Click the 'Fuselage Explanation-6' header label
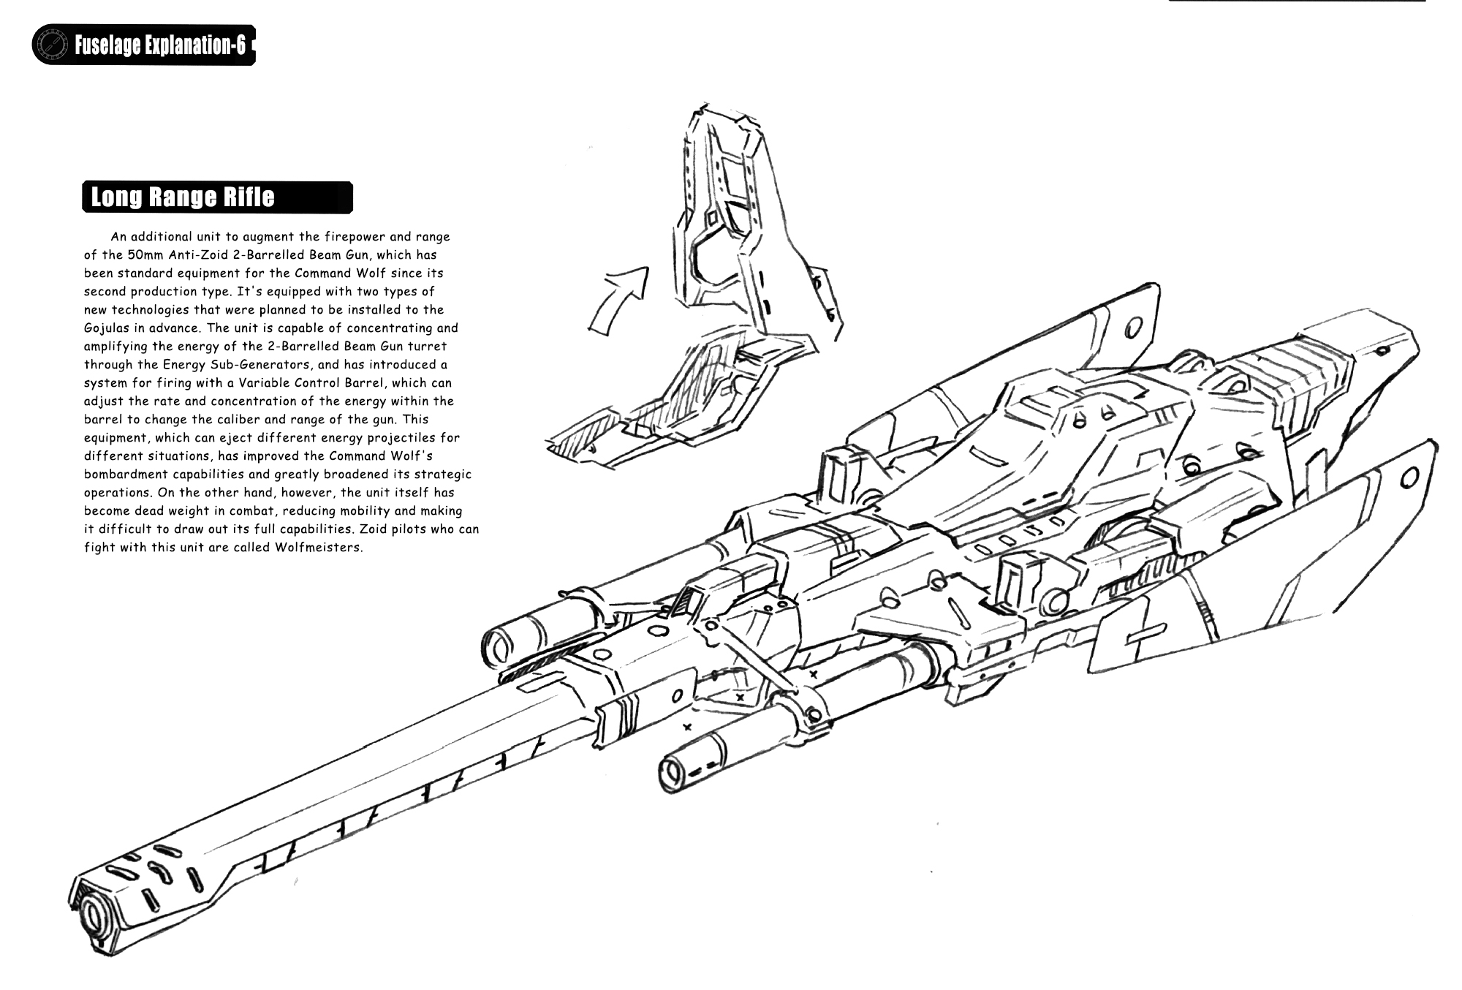pos(159,46)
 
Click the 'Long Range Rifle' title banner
pos(217,197)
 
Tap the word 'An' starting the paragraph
pos(118,237)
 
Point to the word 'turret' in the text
pos(427,347)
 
